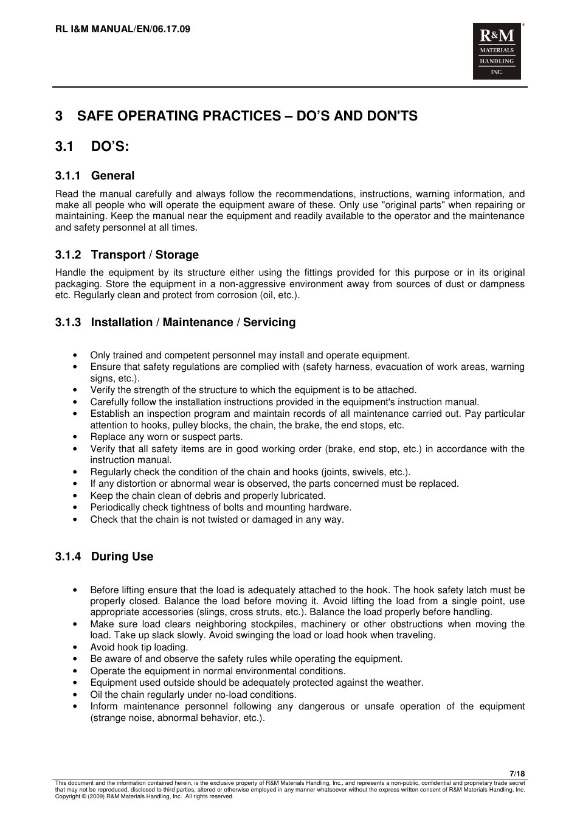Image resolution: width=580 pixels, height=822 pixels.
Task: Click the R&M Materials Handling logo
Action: coord(497,52)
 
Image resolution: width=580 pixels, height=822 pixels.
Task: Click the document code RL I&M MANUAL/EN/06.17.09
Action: coord(122,29)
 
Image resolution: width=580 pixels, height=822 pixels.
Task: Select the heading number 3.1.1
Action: coord(67,176)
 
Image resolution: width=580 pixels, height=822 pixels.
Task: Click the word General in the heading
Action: coord(112,176)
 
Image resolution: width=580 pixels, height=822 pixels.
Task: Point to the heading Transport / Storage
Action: coord(145,255)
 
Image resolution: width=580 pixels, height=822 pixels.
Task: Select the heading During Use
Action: coord(122,557)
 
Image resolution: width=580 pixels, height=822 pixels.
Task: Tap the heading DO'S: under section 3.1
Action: coord(110,147)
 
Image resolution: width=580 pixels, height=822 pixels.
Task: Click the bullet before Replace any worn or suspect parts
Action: coord(75,437)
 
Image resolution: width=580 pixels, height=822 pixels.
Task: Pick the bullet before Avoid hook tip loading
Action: coord(75,647)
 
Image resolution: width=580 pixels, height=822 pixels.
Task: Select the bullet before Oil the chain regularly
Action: coord(75,695)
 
